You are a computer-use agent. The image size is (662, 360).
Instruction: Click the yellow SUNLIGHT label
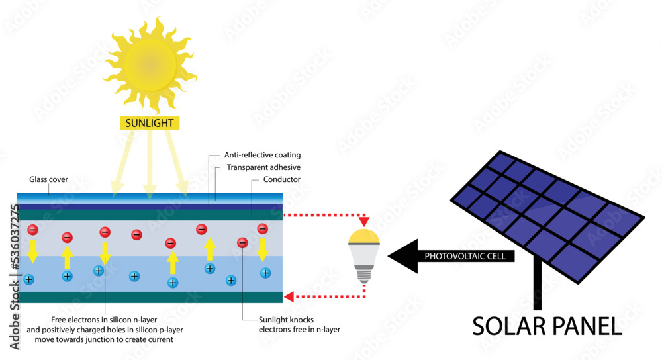click(x=150, y=122)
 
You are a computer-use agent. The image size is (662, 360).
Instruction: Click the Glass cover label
click(x=48, y=179)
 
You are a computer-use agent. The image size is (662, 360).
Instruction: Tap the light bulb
click(x=363, y=255)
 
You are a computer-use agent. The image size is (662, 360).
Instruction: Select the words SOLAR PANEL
click(x=547, y=325)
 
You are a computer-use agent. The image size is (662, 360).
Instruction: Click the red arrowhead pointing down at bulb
click(x=363, y=220)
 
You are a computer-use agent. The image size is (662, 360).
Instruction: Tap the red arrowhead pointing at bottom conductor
click(x=289, y=297)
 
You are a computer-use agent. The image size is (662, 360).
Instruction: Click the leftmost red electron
click(x=31, y=230)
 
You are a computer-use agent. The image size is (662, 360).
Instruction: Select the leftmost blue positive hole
click(x=28, y=279)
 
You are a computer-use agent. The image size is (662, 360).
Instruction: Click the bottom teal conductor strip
click(x=150, y=297)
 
